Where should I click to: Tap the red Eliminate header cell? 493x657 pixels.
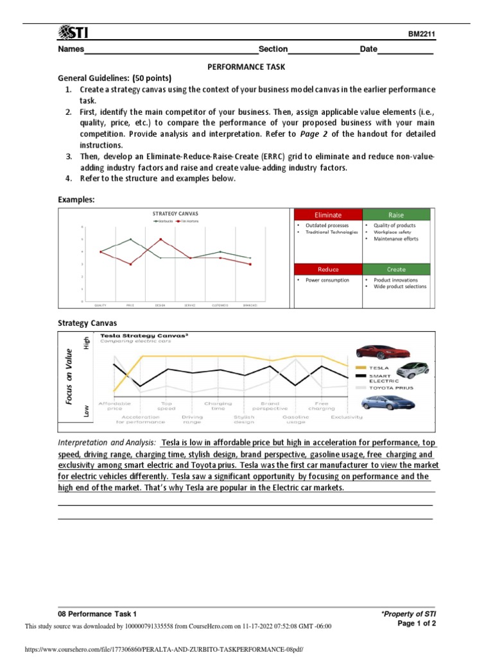tap(328, 215)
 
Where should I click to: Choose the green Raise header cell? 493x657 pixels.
tap(396, 215)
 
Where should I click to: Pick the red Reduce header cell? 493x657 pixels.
tap(328, 269)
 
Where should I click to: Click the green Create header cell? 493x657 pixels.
tap(396, 269)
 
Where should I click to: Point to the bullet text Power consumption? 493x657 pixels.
tap(327, 280)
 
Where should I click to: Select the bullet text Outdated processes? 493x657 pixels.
tap(327, 226)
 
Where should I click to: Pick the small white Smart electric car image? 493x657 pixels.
tap(413, 371)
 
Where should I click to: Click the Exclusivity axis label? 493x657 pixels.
tap(347, 417)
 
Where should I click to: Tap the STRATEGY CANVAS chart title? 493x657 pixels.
tap(175, 214)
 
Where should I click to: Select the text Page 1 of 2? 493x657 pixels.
tap(417, 623)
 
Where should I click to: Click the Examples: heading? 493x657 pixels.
tap(76, 200)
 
